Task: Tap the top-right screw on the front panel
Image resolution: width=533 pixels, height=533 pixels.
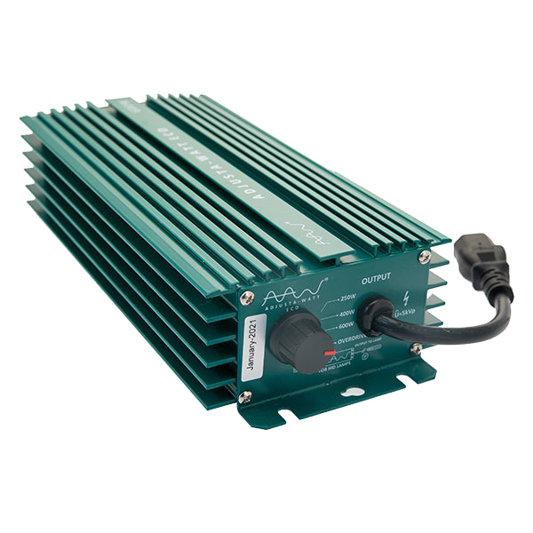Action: [x=425, y=257]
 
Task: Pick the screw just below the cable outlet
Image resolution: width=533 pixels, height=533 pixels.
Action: [x=415, y=349]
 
